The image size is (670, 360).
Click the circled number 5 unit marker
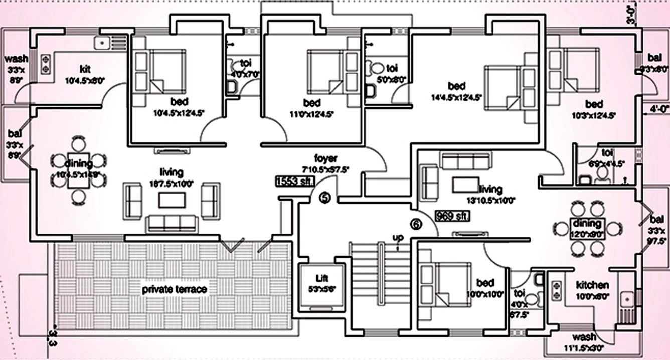tap(325, 199)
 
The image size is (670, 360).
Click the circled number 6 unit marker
tap(416, 224)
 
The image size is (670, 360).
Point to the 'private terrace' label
tap(174, 289)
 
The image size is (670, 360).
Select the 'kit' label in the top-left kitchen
tap(84, 68)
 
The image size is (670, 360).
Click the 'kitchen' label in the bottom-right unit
tap(592, 284)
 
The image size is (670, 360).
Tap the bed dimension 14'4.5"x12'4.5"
tap(456, 98)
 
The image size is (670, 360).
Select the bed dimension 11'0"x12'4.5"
tap(312, 114)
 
